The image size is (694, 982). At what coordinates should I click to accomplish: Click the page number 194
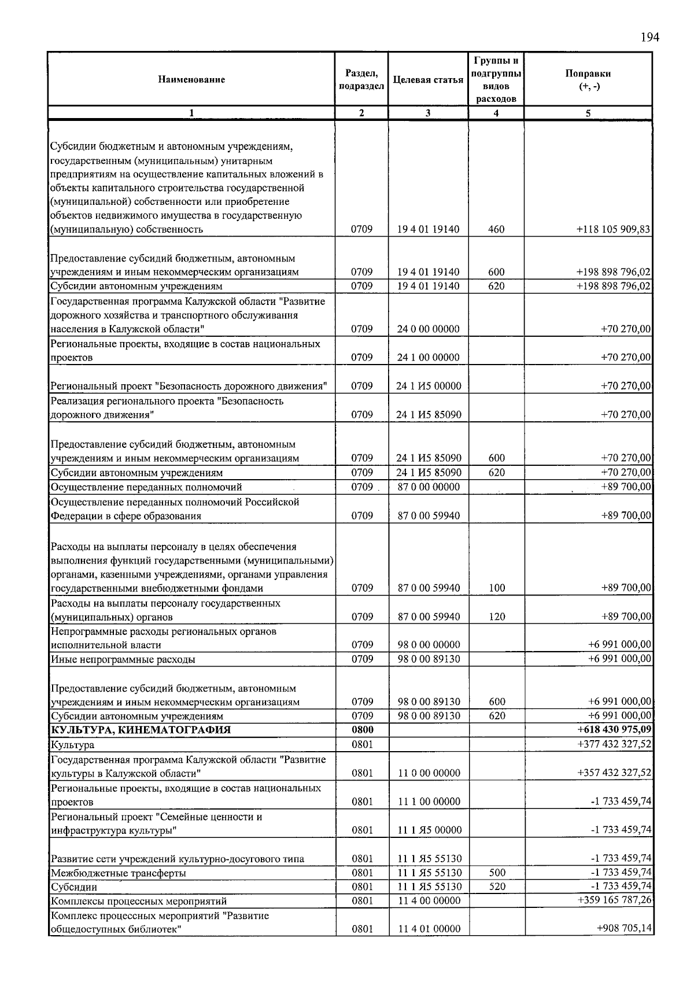pos(649,38)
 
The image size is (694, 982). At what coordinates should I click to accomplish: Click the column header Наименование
pos(191,80)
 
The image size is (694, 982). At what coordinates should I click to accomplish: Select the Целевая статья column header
pos(428,80)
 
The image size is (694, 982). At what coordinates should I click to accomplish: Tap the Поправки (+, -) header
pos(588,80)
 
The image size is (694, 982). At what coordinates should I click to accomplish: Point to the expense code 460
pos(496,229)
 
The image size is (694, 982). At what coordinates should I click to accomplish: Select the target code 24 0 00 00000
pos(429,329)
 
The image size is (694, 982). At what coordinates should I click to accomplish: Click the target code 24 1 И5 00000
pos(429,386)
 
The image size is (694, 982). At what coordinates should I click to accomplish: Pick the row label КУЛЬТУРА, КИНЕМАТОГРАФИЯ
pos(141,730)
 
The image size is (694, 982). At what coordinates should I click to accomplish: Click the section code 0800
pos(362,730)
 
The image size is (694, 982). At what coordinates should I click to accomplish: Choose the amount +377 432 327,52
pos(614,744)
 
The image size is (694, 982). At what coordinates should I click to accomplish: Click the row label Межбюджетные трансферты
pos(119,873)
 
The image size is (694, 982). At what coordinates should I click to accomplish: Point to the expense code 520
pos(497,887)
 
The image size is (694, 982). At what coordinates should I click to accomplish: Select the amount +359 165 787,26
pos(614,900)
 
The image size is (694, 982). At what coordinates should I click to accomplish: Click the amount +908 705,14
pos(624,929)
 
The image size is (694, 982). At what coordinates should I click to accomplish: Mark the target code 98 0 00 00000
pos(429,645)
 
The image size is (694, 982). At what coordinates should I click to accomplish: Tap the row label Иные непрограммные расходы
pos(123,659)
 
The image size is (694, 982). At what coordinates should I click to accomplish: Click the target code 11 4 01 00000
pos(429,929)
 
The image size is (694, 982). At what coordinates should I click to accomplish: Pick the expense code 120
pos(497,617)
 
